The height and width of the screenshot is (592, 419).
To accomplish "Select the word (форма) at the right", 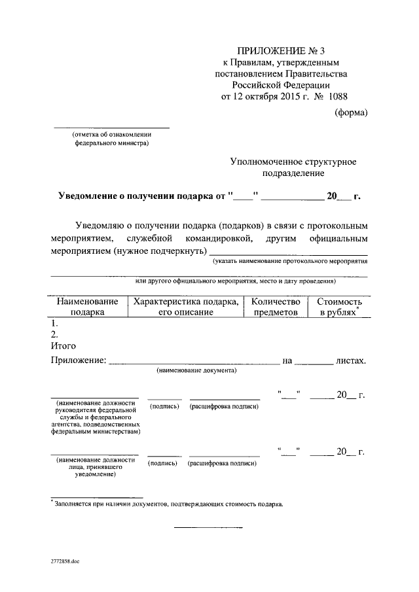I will tap(351, 112).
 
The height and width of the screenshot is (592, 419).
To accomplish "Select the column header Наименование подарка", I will tap(87, 307).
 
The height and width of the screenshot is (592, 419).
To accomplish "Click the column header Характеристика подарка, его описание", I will tap(185, 307).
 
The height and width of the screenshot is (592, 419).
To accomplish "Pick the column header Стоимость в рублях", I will tap(339, 307).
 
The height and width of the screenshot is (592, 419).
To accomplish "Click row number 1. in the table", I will tap(55, 324).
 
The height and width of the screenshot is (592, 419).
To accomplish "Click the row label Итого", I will tap(64, 346).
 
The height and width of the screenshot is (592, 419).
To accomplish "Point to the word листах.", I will tap(350, 360).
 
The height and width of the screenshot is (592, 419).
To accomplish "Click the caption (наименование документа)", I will tap(196, 370).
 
